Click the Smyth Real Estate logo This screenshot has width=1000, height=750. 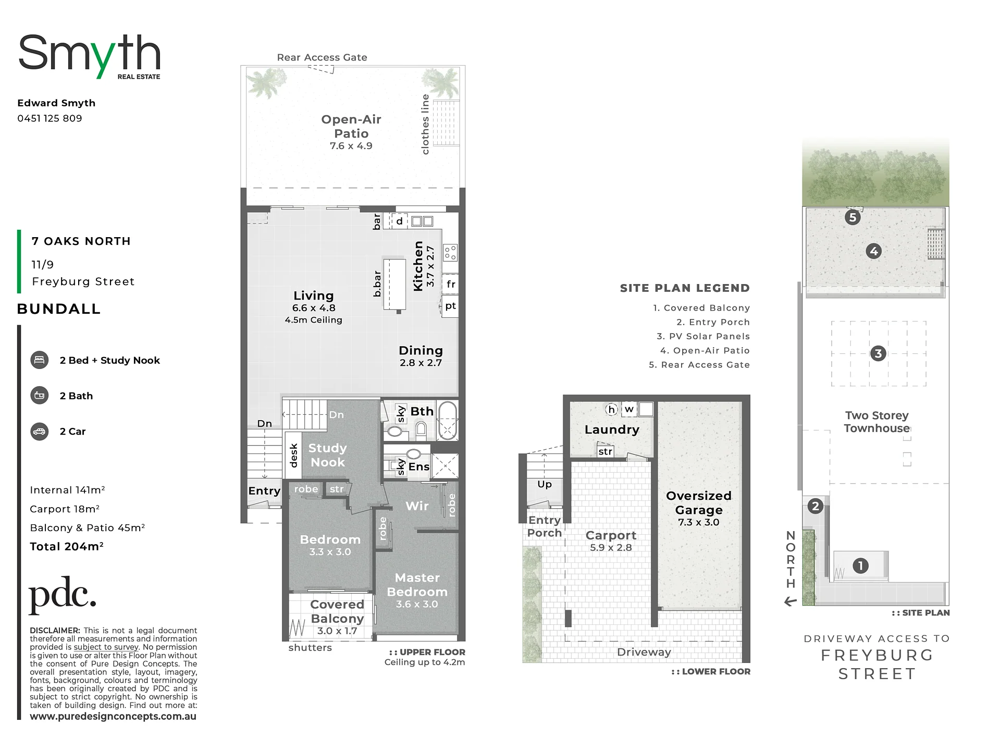point(89,57)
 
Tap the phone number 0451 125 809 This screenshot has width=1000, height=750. point(50,118)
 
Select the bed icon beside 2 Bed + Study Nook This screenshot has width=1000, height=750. point(40,360)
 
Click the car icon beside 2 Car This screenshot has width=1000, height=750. point(40,432)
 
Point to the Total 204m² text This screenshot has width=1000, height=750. point(67,546)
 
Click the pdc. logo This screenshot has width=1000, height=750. point(63,595)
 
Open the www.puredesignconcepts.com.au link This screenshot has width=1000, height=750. point(113,716)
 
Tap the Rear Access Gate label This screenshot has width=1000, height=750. point(322,57)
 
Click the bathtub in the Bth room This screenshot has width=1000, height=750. point(448,421)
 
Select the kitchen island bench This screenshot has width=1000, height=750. point(394,285)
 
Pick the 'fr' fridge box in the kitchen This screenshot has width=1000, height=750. point(451,284)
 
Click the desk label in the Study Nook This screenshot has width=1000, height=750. point(293,455)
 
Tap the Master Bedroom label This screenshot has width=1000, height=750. point(417,585)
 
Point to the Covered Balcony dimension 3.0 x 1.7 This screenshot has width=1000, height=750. point(337,631)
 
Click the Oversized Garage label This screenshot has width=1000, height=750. point(699,502)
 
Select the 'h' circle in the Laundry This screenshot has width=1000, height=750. point(612,410)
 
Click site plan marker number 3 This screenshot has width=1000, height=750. point(878,354)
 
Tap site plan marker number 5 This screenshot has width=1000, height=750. point(853,217)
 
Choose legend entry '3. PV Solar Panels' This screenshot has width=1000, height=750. point(703,337)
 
